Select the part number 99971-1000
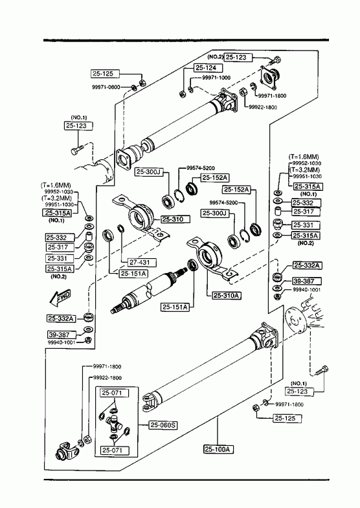click(216, 78)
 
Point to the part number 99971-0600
click(106, 87)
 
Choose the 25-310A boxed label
click(227, 296)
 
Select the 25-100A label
click(219, 449)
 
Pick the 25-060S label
click(163, 425)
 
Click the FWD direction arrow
click(60, 298)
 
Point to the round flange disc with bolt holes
click(294, 320)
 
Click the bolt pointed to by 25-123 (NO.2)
click(275, 60)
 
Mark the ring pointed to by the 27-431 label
click(120, 228)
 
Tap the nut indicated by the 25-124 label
click(183, 94)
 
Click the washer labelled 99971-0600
click(133, 87)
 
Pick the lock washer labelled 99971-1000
click(191, 89)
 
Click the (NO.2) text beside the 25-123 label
click(215, 57)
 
